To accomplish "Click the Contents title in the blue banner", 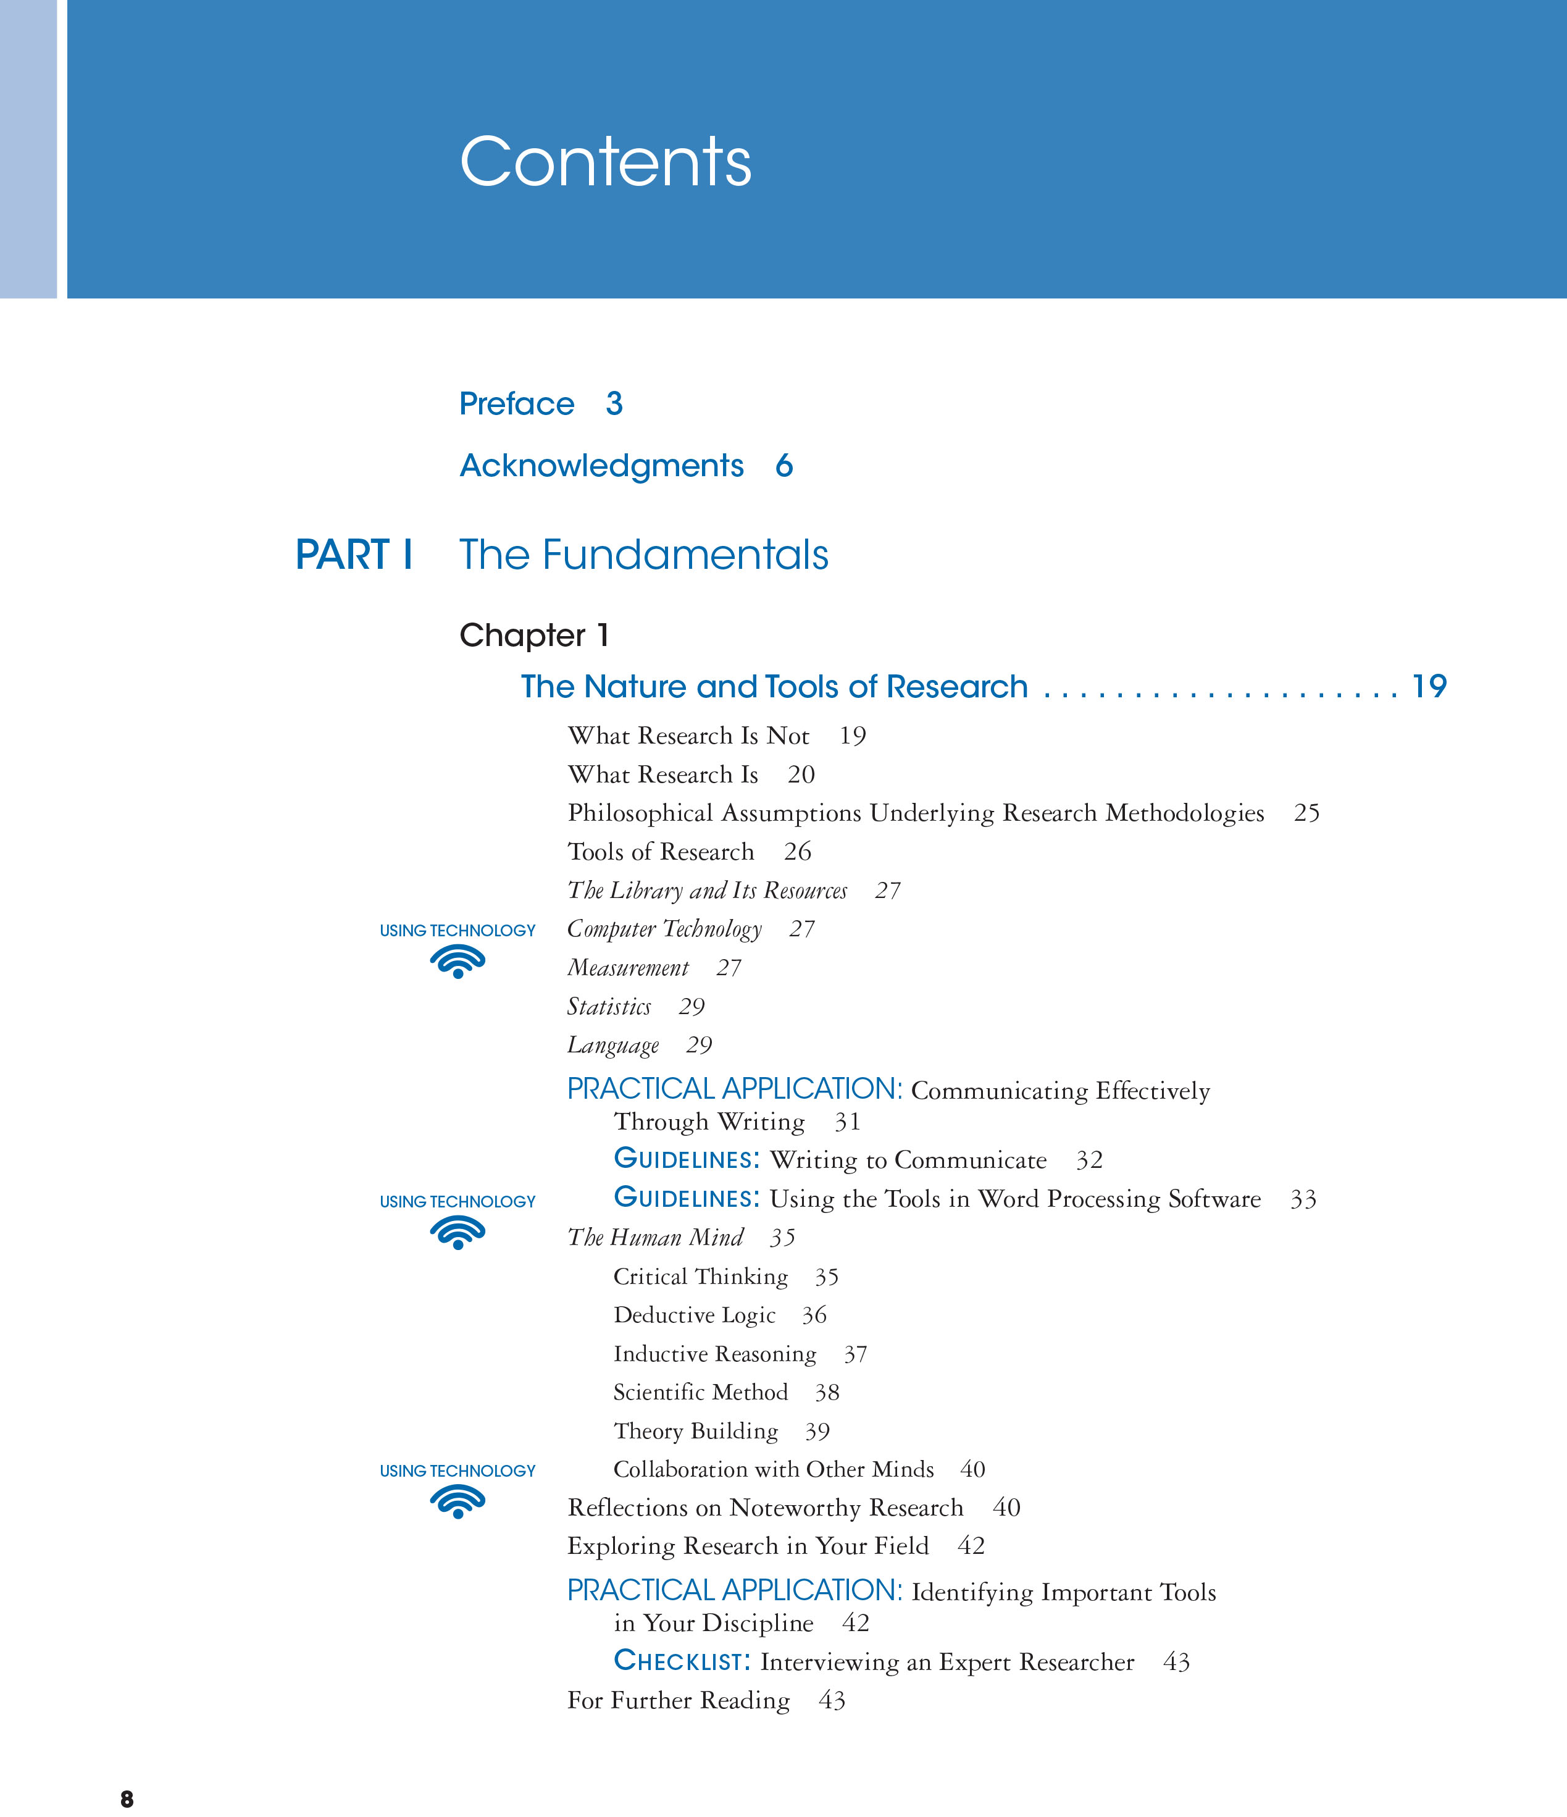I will (x=605, y=162).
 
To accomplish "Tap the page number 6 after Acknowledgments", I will (x=784, y=466).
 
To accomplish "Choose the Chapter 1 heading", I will (x=533, y=635).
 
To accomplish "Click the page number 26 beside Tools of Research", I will (x=797, y=852).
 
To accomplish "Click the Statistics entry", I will (x=609, y=1006).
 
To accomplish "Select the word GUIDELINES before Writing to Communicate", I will (x=687, y=1159).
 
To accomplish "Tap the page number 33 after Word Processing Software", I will (x=1303, y=1199).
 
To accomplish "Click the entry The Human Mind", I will (x=655, y=1237).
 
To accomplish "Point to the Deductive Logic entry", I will (x=695, y=1314).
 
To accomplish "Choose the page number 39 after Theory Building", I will (x=817, y=1431).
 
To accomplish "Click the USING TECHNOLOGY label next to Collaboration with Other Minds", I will (x=457, y=1471).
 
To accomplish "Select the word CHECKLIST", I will (x=682, y=1661).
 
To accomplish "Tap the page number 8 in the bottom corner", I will (x=127, y=1798).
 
